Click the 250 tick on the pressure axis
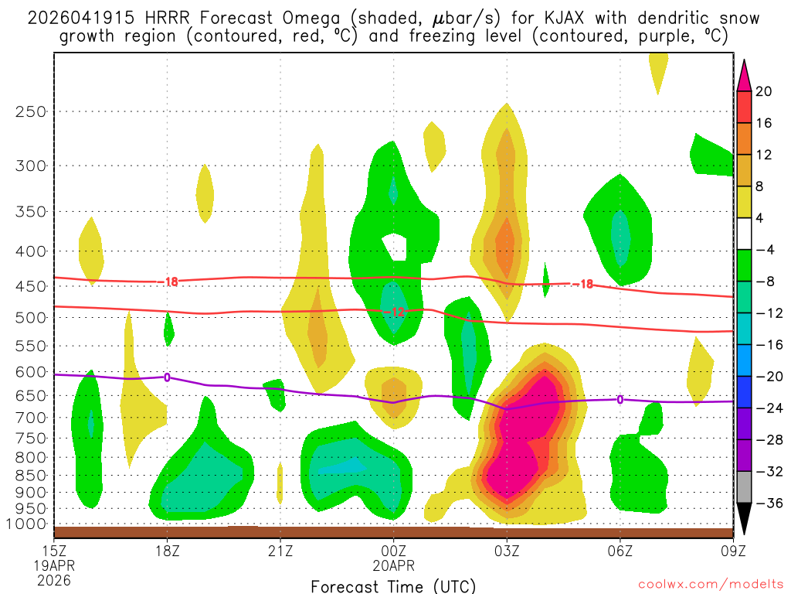(x=31, y=111)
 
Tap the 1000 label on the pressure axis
(x=27, y=524)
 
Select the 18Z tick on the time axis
(x=168, y=551)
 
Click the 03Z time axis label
(x=507, y=551)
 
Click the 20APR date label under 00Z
(x=394, y=565)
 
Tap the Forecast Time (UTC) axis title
(x=393, y=585)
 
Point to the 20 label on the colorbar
(x=764, y=91)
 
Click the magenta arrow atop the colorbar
(x=744, y=73)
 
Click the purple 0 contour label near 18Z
(x=167, y=377)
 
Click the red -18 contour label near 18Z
(x=171, y=282)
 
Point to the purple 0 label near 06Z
(x=620, y=399)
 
